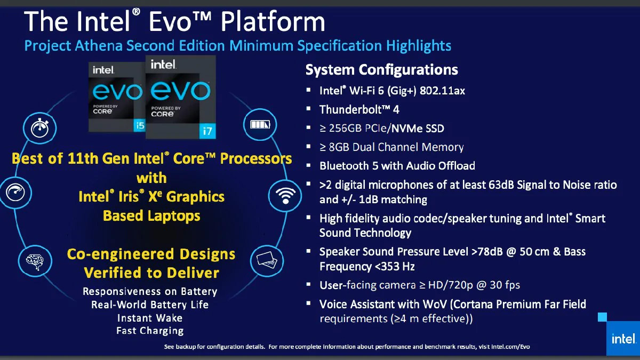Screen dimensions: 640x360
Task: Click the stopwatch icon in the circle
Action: [x=39, y=127]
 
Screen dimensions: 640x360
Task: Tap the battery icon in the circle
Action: [x=260, y=125]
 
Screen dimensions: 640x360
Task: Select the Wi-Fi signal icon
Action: [x=285, y=196]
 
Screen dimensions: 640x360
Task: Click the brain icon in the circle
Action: [x=35, y=261]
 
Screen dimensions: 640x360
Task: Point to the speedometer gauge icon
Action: [x=15, y=192]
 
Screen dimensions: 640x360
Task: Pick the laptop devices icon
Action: [x=267, y=261]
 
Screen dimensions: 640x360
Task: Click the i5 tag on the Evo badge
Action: [x=140, y=125]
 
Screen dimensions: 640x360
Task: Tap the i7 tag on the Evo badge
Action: [x=207, y=131]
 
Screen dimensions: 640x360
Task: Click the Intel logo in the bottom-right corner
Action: [x=623, y=339]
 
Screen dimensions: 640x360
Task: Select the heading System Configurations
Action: [x=382, y=69]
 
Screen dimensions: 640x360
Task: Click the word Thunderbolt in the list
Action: [x=350, y=109]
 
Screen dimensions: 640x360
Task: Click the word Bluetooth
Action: [x=344, y=166]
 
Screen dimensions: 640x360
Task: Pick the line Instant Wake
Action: [x=150, y=318]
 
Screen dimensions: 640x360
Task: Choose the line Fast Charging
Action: [x=150, y=331]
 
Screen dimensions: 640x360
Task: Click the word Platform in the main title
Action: [x=273, y=21]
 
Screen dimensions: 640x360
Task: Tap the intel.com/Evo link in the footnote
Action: [x=510, y=347]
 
